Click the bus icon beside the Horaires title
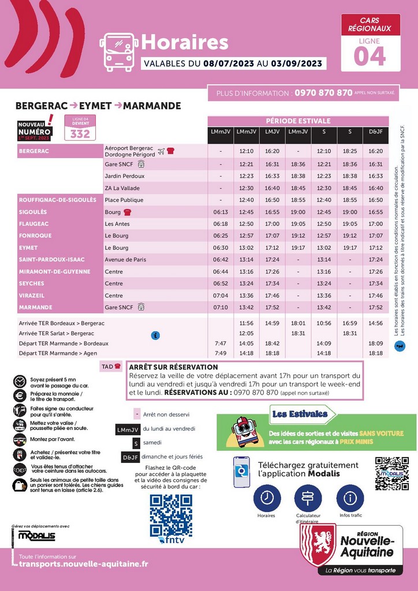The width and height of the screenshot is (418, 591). (119, 51)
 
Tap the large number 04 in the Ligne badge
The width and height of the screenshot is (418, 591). (370, 57)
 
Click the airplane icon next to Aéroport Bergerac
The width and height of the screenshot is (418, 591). (161, 151)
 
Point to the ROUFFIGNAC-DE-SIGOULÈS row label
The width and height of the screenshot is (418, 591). (58, 200)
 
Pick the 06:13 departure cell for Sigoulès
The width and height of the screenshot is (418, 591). (221, 212)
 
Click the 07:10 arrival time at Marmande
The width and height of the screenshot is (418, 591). (221, 307)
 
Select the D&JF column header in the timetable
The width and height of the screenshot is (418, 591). (375, 132)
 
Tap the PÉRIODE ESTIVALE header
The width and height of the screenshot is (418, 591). (298, 121)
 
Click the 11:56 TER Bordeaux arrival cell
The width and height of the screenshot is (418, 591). (247, 323)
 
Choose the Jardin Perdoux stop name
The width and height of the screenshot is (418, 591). (125, 176)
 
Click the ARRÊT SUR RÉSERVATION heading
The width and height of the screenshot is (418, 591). (174, 367)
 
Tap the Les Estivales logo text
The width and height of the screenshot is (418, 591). (299, 413)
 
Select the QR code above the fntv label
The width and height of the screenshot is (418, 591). (171, 515)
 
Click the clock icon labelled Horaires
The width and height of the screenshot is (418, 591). (267, 497)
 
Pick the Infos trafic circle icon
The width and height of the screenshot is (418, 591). (350, 497)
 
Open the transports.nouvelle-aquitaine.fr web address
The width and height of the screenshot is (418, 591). (84, 564)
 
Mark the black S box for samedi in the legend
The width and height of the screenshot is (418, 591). (136, 443)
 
